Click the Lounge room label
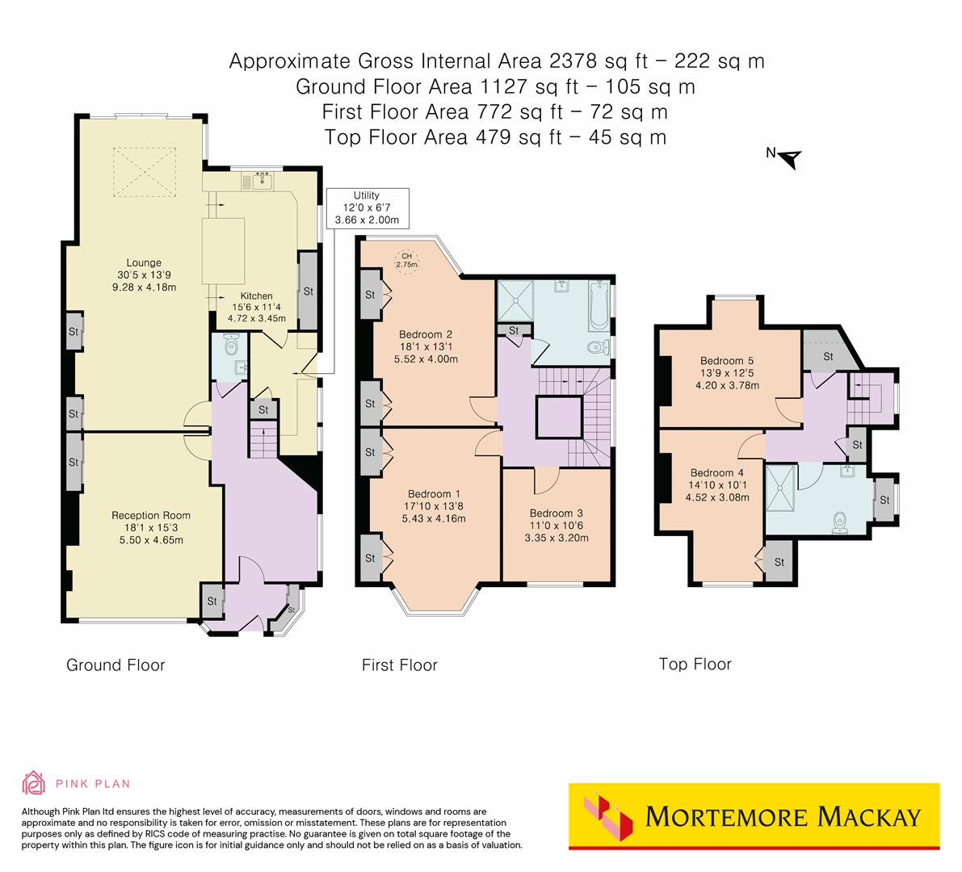144,275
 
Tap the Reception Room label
151,527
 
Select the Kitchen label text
256,307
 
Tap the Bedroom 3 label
556,525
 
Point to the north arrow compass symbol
788,157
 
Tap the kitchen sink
261,182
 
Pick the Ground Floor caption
116,665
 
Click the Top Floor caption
695,664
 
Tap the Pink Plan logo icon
34,782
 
